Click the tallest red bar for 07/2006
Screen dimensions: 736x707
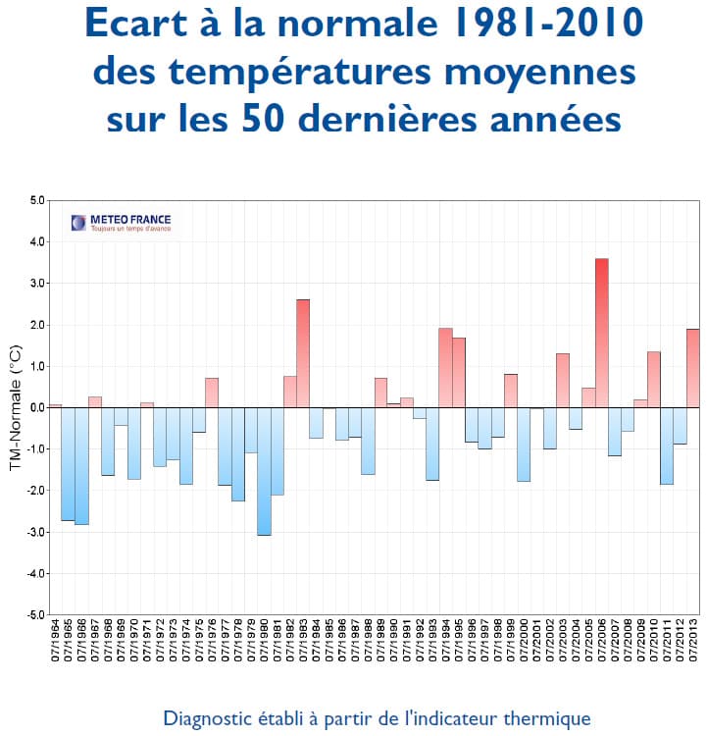pyautogui.click(x=601, y=333)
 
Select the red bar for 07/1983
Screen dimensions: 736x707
pyautogui.click(x=303, y=353)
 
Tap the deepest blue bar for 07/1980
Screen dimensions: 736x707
pyautogui.click(x=264, y=471)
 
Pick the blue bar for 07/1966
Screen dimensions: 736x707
pyautogui.click(x=81, y=466)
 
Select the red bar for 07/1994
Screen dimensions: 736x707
pyautogui.click(x=445, y=368)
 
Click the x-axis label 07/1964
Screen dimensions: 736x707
pyautogui.click(x=56, y=650)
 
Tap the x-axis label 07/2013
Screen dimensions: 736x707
pyautogui.click(x=693, y=650)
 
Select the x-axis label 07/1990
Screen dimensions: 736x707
pyautogui.click(x=394, y=650)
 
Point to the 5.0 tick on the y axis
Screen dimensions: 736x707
pyautogui.click(x=37, y=200)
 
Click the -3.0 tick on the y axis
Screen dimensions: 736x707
pyautogui.click(x=36, y=532)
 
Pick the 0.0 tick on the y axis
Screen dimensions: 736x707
pyautogui.click(x=37, y=407)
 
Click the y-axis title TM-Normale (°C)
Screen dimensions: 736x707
pyautogui.click(x=15, y=407)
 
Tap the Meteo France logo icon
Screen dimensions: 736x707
pyautogui.click(x=78, y=223)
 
